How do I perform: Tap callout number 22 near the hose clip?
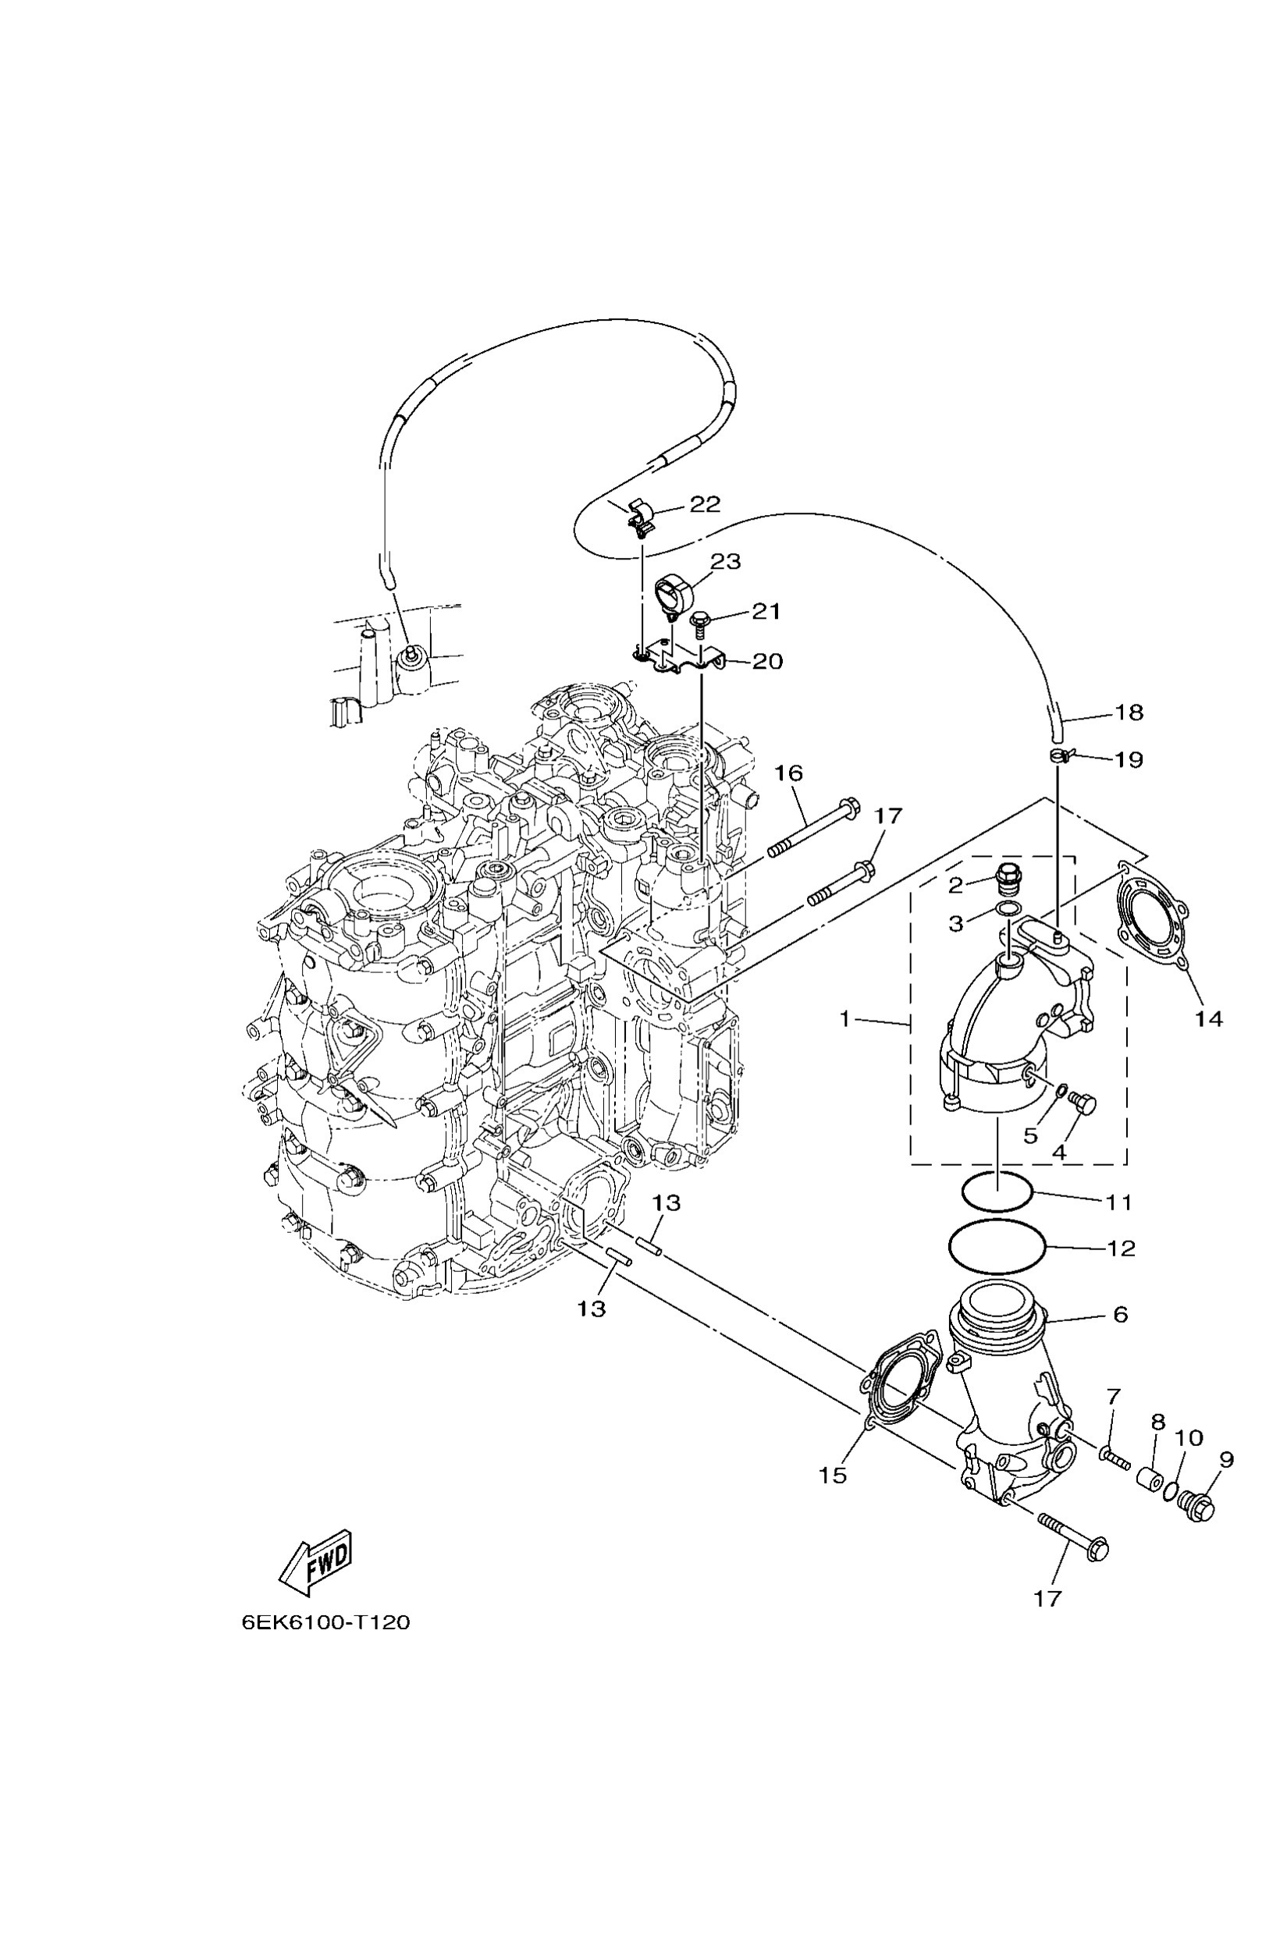click(704, 504)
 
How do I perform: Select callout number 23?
click(726, 561)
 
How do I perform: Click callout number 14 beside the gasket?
click(1208, 1018)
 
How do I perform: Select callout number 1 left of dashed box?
click(844, 1018)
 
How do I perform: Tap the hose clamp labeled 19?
click(1060, 757)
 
